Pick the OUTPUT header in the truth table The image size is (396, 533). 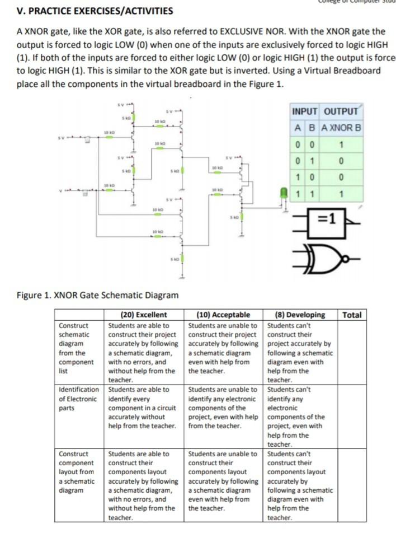341,111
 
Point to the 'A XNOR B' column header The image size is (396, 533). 342,127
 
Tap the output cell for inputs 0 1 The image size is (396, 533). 342,161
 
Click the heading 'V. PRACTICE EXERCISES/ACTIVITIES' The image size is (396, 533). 95,11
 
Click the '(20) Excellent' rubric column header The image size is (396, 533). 144,315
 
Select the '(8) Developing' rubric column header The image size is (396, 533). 300,315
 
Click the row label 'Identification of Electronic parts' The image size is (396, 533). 79,399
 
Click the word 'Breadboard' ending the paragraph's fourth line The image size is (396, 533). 358,71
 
